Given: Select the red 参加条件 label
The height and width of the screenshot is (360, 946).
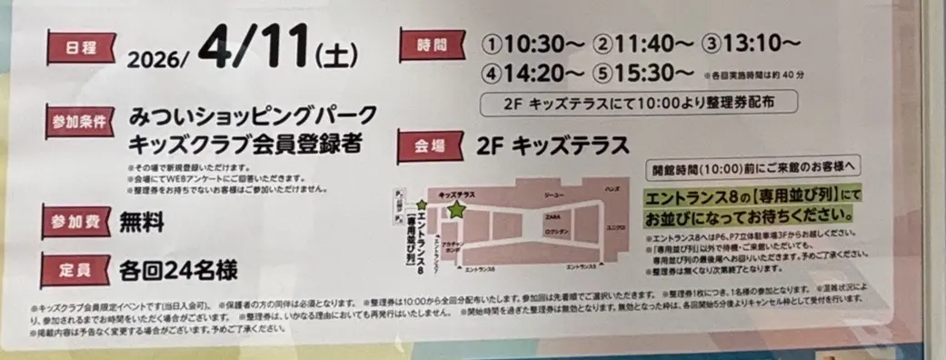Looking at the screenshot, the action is (x=77, y=118).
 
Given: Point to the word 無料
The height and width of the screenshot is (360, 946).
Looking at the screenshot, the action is (x=144, y=222).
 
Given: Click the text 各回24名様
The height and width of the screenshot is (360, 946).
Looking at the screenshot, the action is (x=177, y=269).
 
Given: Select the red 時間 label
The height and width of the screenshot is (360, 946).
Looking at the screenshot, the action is (x=428, y=44).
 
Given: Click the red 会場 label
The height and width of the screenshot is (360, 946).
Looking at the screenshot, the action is (x=428, y=145).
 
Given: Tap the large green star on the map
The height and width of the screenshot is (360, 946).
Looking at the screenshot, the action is (x=455, y=210).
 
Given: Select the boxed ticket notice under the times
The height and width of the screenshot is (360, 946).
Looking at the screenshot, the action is (x=642, y=103).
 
